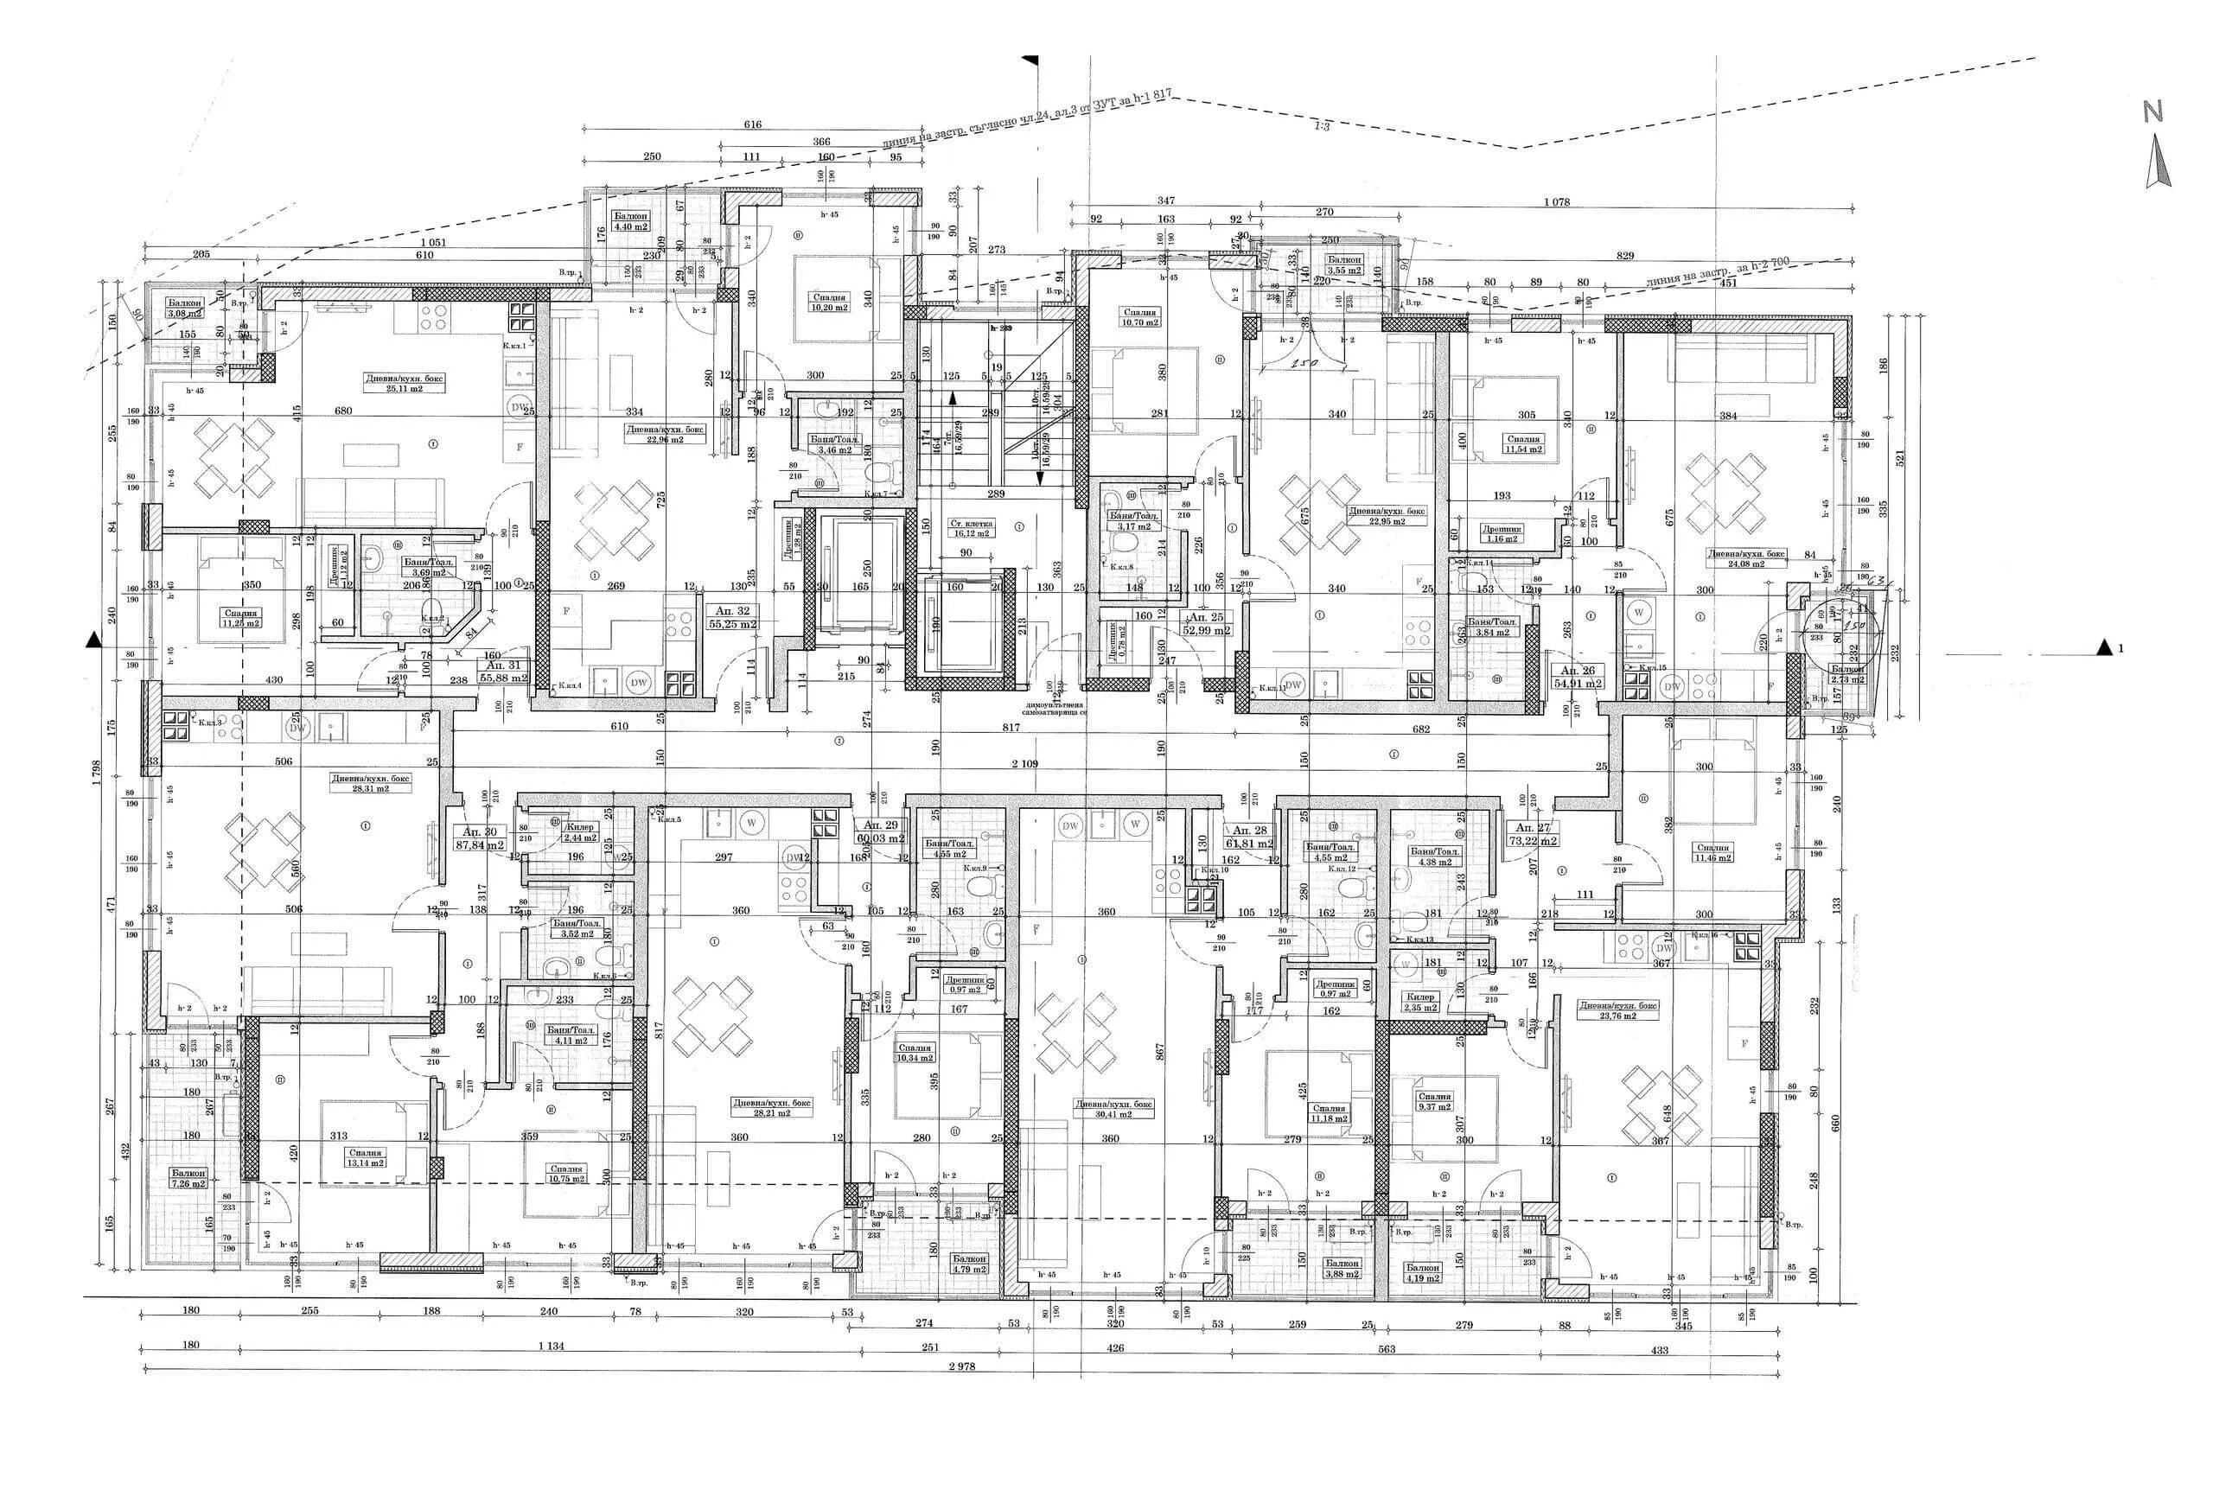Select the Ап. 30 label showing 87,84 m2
[x=481, y=837]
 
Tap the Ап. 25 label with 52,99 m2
[x=1207, y=622]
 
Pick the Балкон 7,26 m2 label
[x=188, y=1178]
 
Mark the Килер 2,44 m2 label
[x=579, y=833]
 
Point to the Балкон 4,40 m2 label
[x=630, y=222]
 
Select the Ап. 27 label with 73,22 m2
[x=1534, y=834]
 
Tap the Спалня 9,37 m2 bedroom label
[x=1434, y=1101]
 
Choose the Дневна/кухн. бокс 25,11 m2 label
[x=404, y=383]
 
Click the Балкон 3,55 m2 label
[x=1344, y=264]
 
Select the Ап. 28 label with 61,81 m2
[x=1249, y=837]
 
